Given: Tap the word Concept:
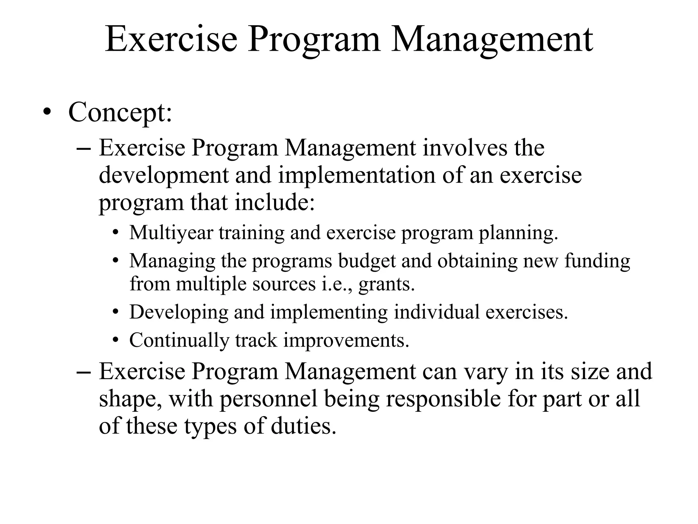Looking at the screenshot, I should (x=120, y=113).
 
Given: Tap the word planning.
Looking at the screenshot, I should (x=518, y=233).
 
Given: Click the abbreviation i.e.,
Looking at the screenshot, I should (x=337, y=284).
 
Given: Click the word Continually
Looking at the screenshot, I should (x=179, y=340).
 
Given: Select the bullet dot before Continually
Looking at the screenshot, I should (x=116, y=340).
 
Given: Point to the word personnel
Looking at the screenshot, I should (x=269, y=399).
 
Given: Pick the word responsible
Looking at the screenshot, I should (x=443, y=399).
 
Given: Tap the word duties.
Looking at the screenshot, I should (x=303, y=426).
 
